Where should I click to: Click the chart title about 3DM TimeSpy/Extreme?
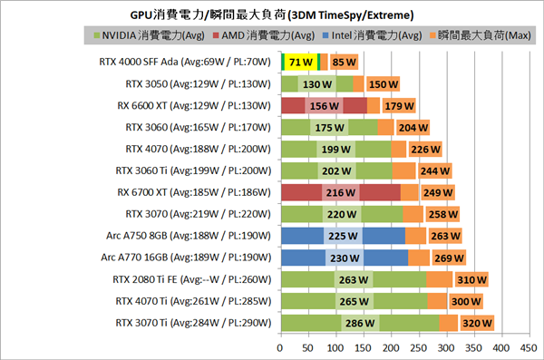click(x=271, y=15)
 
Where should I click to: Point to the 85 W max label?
click(x=344, y=63)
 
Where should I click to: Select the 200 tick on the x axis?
click(x=392, y=346)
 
